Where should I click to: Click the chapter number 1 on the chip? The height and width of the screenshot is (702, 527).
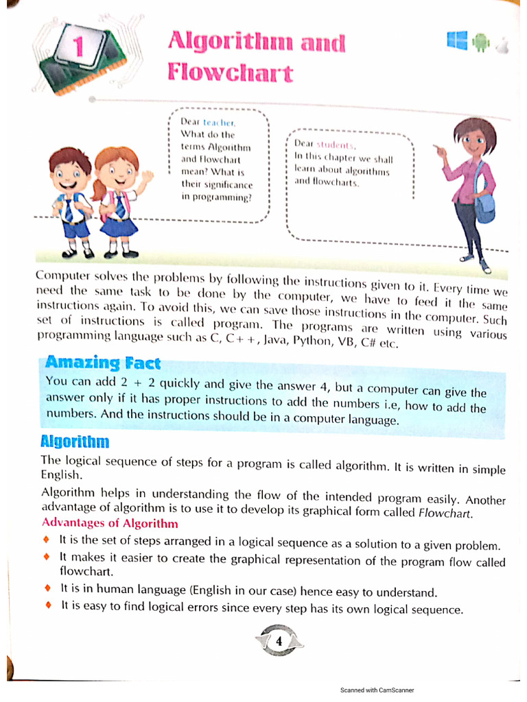[78, 47]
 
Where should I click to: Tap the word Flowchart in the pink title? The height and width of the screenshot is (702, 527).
[230, 73]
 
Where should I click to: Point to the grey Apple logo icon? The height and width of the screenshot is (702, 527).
[502, 45]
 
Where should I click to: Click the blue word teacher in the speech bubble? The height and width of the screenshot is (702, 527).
[219, 121]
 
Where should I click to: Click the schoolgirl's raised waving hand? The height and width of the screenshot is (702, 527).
[146, 178]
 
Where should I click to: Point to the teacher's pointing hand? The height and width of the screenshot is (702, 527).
[439, 149]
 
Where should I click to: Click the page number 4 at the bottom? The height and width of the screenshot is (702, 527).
[279, 642]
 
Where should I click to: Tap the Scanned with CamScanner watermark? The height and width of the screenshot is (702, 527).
[377, 690]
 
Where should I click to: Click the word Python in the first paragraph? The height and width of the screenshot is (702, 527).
[312, 339]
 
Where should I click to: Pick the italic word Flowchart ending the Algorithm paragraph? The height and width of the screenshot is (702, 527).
[445, 513]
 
